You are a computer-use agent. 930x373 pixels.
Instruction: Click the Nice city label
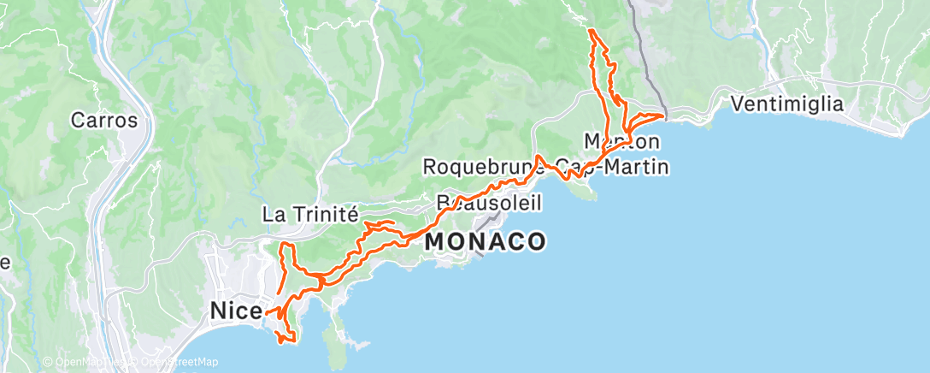pos(235,312)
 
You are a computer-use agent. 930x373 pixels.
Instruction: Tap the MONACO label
pos(485,242)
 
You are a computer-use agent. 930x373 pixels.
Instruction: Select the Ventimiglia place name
pos(787,104)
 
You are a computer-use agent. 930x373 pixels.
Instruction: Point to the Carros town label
pos(103,120)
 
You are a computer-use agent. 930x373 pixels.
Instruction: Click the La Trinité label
pos(309,214)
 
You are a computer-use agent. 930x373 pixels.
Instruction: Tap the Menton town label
pos(621,139)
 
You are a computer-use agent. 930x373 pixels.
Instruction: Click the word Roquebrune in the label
pos(480,167)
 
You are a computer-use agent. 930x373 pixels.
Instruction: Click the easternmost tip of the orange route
pos(664,115)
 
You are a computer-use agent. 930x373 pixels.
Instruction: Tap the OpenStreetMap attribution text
pos(179,362)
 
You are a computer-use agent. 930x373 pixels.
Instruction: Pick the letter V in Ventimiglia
pos(737,104)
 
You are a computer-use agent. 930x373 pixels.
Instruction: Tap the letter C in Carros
pos(78,120)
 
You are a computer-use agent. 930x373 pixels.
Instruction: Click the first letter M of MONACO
pos(434,242)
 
